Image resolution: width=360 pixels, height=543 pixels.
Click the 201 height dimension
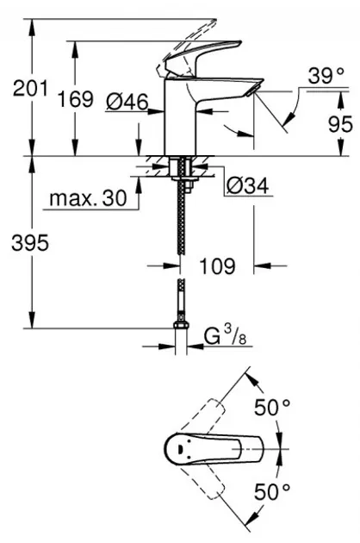click(30, 88)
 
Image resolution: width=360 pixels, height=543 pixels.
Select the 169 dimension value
click(75, 99)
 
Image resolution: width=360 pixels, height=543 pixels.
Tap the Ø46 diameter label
click(127, 103)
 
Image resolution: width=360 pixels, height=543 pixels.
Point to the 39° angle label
click(326, 76)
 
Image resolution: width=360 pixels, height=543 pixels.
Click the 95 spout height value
click(340, 124)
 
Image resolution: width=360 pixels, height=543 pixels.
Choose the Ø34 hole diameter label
click(247, 186)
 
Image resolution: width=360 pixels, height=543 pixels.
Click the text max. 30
click(88, 198)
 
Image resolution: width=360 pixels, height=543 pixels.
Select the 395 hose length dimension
click(30, 243)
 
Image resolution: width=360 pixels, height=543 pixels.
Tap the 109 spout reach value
click(217, 266)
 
